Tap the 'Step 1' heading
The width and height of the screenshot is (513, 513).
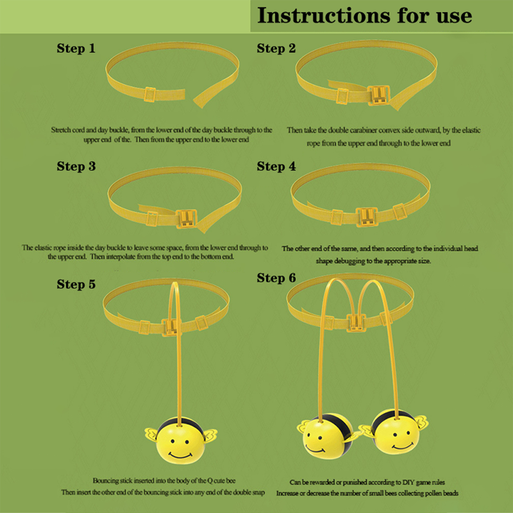pyautogui.click(x=76, y=48)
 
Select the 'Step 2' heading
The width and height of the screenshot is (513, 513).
pyautogui.click(x=276, y=48)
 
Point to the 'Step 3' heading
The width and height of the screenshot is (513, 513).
pyautogui.click(x=76, y=166)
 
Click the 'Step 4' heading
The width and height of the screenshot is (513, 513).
pyautogui.click(x=276, y=166)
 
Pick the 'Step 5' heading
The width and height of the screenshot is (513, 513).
pyautogui.click(x=76, y=284)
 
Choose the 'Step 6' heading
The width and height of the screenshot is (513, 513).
pyautogui.click(x=276, y=278)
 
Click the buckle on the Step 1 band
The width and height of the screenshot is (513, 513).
pyautogui.click(x=150, y=94)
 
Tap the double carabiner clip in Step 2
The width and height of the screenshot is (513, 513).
pyautogui.click(x=379, y=95)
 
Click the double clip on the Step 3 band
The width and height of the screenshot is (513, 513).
pyautogui.click(x=187, y=219)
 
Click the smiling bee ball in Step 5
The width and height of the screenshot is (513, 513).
pyautogui.click(x=181, y=441)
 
